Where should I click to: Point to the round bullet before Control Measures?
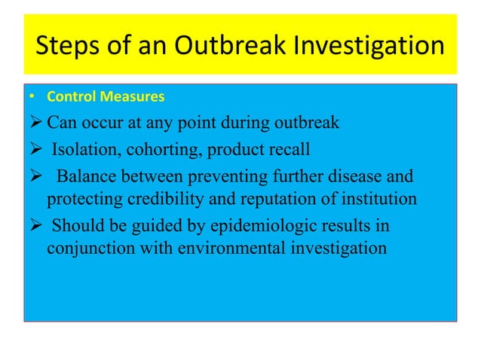(32, 97)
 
